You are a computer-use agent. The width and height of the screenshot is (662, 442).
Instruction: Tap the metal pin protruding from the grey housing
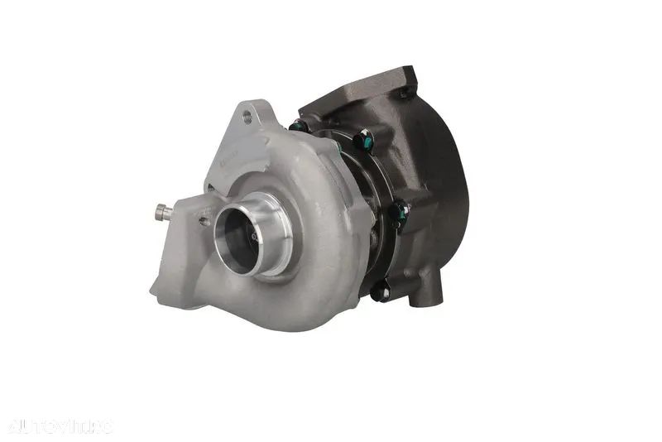pyautogui.click(x=164, y=212)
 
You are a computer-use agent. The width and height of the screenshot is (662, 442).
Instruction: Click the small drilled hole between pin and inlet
pyautogui.click(x=204, y=220)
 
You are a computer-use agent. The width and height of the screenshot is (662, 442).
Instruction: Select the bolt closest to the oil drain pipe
pyautogui.click(x=381, y=291)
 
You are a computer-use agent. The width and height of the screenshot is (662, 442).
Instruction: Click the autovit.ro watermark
pyautogui.click(x=59, y=426)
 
